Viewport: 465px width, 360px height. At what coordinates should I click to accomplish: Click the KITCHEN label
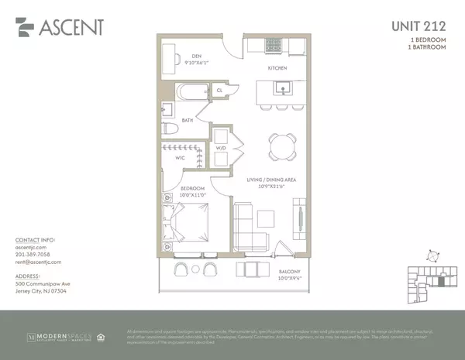point(278,69)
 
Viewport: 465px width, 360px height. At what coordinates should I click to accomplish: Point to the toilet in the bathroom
point(169,130)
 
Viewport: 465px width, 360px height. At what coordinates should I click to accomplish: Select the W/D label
point(220,148)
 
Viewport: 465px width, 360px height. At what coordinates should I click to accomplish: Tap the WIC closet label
point(180,158)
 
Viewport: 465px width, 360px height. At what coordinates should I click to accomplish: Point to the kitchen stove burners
point(274,45)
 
